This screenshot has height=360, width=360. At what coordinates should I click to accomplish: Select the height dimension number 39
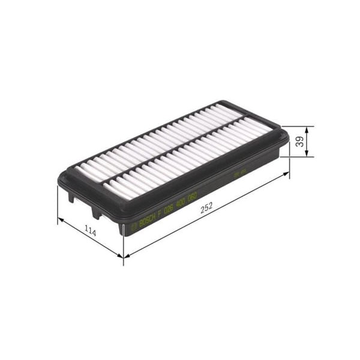pos(299,142)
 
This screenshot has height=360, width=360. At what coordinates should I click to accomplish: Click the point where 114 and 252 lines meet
pos(123,256)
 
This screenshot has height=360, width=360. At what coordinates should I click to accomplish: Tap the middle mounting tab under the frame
pos(96,211)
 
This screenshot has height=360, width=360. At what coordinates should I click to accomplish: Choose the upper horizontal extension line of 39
pos(297,126)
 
